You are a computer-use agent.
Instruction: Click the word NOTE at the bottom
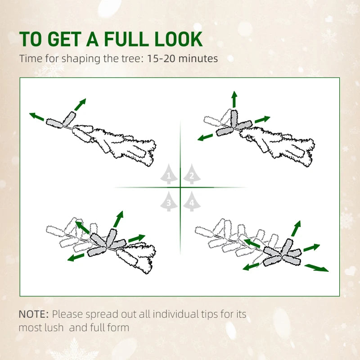(x=33, y=314)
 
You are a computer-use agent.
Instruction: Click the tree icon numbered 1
(x=169, y=175)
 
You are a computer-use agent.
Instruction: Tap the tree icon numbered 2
(x=191, y=175)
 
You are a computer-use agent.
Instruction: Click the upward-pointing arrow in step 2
(x=234, y=99)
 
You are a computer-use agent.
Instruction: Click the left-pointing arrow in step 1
(x=37, y=117)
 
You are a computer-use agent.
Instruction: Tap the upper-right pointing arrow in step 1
(x=80, y=105)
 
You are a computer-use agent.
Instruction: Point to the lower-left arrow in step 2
(x=205, y=136)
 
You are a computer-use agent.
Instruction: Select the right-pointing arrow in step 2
(x=262, y=120)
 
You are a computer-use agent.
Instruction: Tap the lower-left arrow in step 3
(x=76, y=257)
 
